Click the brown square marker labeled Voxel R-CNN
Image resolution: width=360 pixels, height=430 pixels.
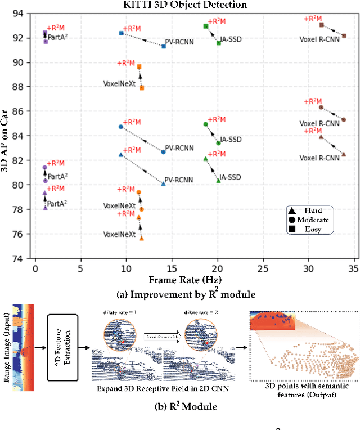pos(344,36)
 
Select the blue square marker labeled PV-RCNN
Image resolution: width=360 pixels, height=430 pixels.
pos(164,46)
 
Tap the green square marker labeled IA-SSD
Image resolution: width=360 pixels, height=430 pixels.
pos(219,43)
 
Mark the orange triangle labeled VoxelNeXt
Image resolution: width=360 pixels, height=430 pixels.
pos(141,238)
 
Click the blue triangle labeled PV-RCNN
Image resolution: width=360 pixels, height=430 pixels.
pos(164,183)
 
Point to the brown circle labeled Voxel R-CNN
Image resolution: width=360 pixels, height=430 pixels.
pos(344,119)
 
